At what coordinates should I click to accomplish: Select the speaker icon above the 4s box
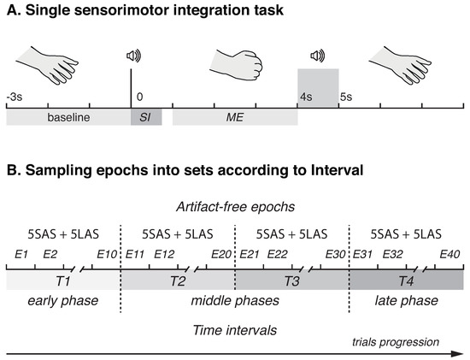tap(317, 56)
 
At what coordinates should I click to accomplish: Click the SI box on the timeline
tap(145, 116)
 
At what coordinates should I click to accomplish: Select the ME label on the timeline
tap(235, 116)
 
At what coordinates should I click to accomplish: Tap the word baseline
tap(68, 116)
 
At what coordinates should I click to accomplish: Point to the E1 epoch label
tap(21, 255)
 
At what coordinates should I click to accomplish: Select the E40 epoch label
tap(449, 255)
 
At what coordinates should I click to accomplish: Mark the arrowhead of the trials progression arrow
tap(460, 351)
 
